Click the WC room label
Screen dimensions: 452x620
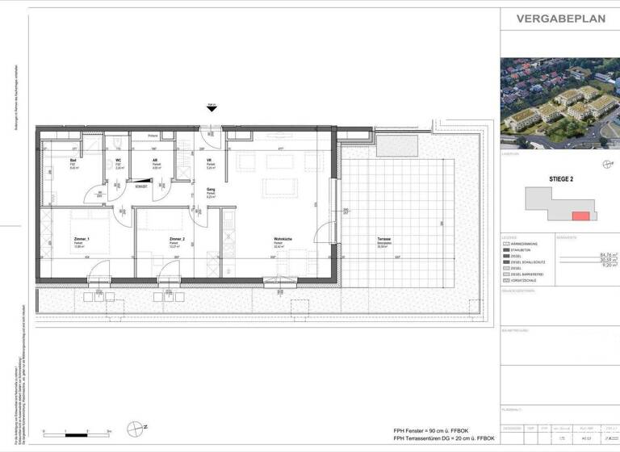[x=118, y=160]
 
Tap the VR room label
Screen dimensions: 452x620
[x=209, y=160]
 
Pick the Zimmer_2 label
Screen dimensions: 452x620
[x=178, y=240]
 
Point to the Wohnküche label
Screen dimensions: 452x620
[x=281, y=240]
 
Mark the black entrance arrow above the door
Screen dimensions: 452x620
[x=212, y=111]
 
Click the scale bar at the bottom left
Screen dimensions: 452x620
[x=77, y=432]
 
